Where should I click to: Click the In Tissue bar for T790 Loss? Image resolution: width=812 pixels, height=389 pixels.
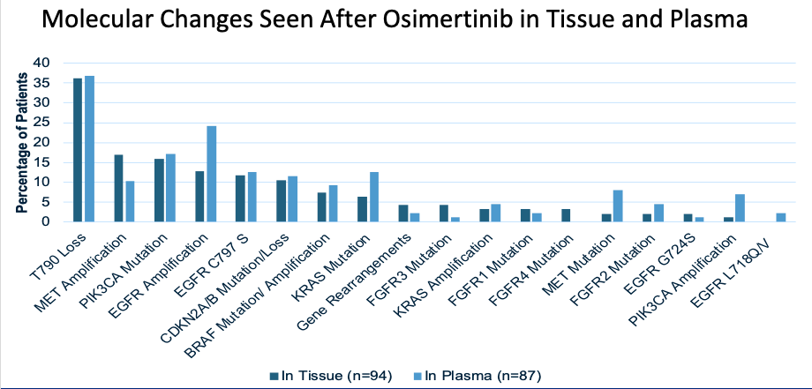[78, 150]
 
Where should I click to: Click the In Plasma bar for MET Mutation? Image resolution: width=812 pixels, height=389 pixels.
[617, 206]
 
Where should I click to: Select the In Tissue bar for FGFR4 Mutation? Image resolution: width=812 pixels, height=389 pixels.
[565, 215]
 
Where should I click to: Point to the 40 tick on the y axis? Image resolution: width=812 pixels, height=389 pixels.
[41, 63]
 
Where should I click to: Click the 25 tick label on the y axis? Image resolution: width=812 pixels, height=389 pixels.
[41, 123]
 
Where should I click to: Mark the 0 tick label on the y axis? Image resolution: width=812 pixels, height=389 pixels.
[45, 221]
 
